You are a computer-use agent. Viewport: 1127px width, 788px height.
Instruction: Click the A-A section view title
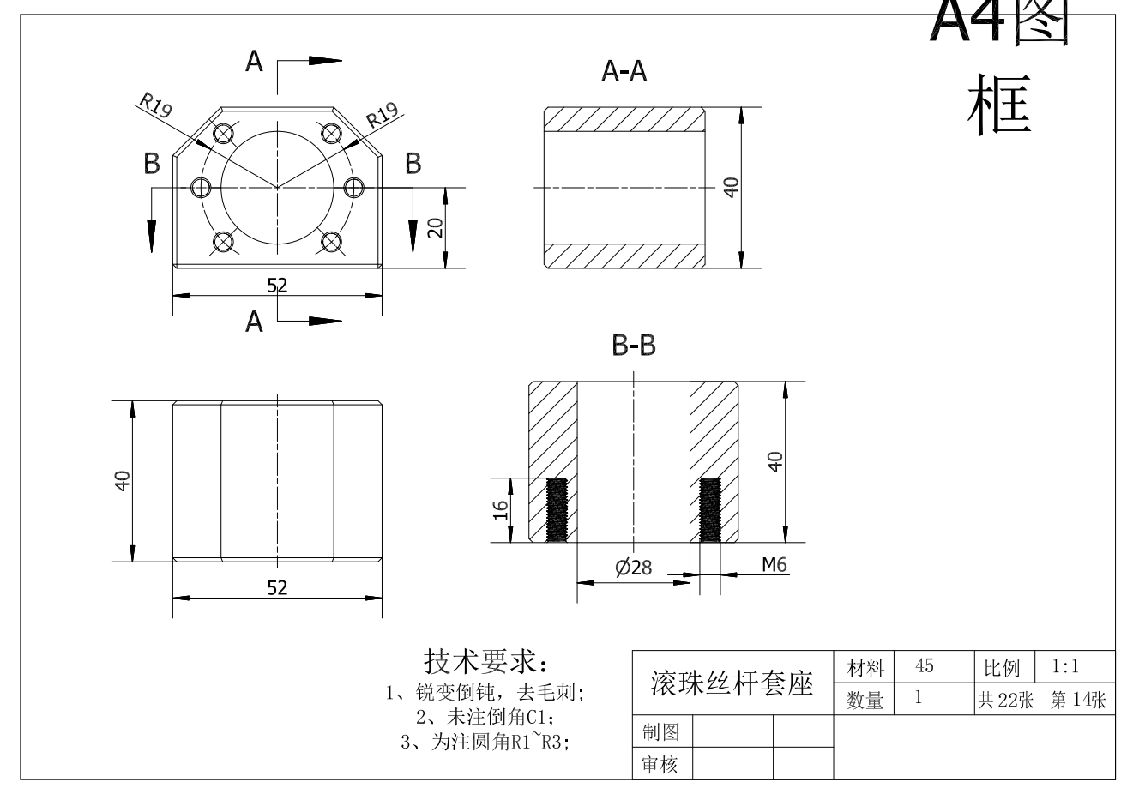pyautogui.click(x=624, y=71)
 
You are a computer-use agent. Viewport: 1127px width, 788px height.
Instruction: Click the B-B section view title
pyautogui.click(x=634, y=346)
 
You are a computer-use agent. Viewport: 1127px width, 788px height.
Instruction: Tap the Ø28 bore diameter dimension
pyautogui.click(x=634, y=568)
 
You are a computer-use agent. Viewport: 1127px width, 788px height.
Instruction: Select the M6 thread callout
pyautogui.click(x=774, y=565)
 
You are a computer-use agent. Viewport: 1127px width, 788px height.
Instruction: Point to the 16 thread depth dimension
pyautogui.click(x=500, y=510)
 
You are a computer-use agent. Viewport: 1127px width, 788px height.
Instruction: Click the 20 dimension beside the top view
pyautogui.click(x=435, y=228)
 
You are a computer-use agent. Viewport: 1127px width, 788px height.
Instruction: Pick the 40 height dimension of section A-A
pyautogui.click(x=731, y=188)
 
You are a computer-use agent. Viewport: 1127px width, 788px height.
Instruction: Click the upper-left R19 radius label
pyautogui.click(x=156, y=104)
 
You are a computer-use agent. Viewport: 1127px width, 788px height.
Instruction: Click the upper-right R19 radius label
pyautogui.click(x=382, y=115)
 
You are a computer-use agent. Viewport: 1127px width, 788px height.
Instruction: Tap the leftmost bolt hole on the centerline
pyautogui.click(x=202, y=188)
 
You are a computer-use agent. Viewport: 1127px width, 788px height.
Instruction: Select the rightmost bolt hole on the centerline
pyautogui.click(x=353, y=188)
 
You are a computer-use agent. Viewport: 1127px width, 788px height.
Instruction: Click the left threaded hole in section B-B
pyautogui.click(x=557, y=510)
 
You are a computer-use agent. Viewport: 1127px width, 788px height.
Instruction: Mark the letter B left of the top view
pyautogui.click(x=152, y=164)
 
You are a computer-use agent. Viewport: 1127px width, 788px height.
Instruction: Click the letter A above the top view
pyautogui.click(x=254, y=62)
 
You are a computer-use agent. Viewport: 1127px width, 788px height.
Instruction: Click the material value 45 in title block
pyautogui.click(x=925, y=665)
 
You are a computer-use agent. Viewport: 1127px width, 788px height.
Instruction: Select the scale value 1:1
pyautogui.click(x=1065, y=666)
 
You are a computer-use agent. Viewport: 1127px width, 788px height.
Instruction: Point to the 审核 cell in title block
pyautogui.click(x=660, y=764)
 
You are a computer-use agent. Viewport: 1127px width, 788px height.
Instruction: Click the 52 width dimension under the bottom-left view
pyautogui.click(x=277, y=588)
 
